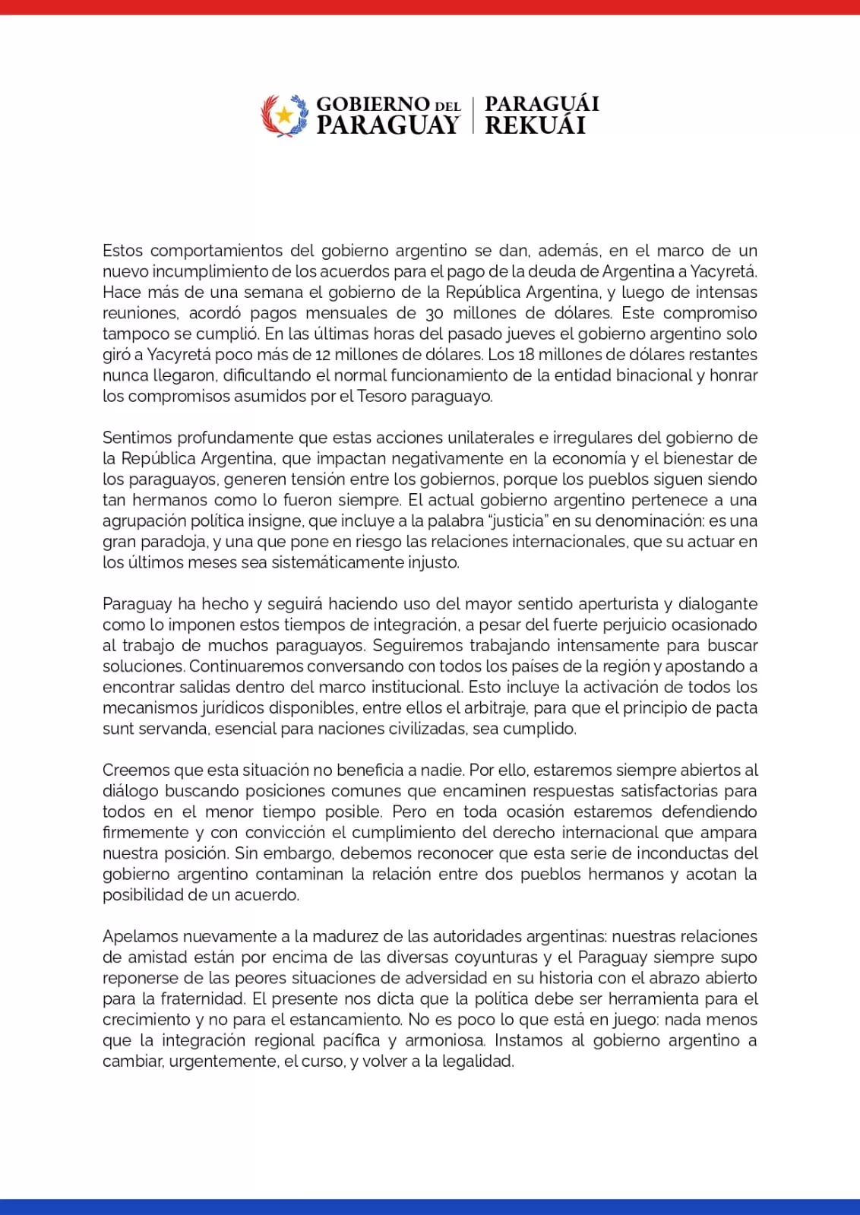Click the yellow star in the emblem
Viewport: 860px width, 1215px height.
(x=284, y=115)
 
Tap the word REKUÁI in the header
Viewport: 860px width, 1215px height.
(x=535, y=125)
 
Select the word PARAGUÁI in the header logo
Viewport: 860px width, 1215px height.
(x=542, y=103)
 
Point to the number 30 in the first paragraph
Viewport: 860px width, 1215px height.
(x=435, y=313)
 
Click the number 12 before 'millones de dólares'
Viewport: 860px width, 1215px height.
(x=323, y=355)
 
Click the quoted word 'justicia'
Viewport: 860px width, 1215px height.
(x=519, y=520)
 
